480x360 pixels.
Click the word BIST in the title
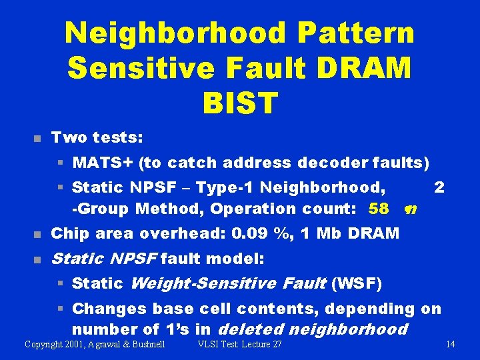pos(239,103)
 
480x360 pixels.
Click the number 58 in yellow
pos(378,209)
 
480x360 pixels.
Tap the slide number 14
pos(450,344)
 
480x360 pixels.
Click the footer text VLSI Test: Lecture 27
pos(240,344)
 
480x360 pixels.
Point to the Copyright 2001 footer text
pos(95,344)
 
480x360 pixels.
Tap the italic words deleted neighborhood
pos(312,329)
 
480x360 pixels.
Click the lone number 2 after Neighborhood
pos(439,187)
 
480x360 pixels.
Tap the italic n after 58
pos(411,209)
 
